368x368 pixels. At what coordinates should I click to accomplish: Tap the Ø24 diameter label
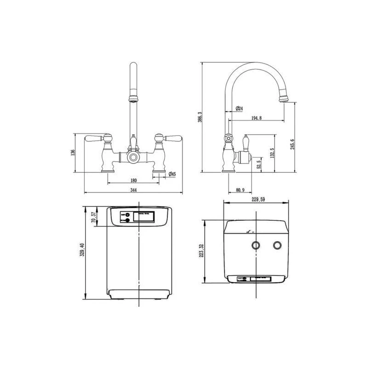click(239, 109)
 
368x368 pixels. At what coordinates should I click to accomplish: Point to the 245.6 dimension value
click(292, 146)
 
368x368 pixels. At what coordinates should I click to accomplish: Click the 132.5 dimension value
click(273, 152)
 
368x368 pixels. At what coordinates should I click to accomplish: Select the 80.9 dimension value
click(240, 190)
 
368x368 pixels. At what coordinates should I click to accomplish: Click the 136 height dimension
click(73, 153)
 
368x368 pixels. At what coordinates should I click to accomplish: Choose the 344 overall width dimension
click(133, 190)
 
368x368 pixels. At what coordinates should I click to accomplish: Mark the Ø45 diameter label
click(171, 174)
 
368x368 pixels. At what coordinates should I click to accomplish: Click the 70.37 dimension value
click(93, 217)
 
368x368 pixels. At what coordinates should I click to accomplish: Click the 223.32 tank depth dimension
click(201, 252)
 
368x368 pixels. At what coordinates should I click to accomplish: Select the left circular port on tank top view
click(255, 246)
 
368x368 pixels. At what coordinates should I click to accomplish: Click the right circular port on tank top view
click(277, 246)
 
